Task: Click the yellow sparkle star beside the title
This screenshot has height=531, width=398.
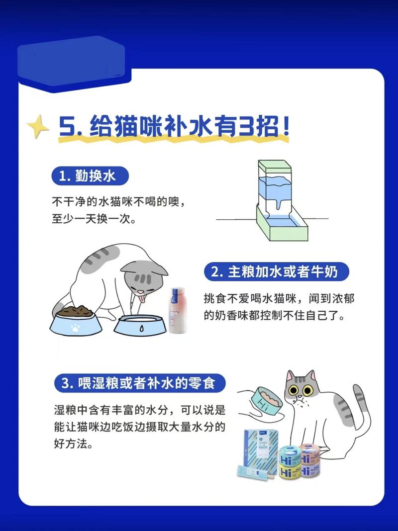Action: [37, 127]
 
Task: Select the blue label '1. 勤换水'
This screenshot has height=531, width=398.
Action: [90, 177]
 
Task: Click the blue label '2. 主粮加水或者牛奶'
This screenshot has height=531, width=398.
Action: [277, 272]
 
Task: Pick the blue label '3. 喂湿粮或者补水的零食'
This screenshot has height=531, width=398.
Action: [140, 384]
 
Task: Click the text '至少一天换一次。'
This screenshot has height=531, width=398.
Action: [94, 219]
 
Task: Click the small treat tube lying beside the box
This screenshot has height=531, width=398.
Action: [255, 474]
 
